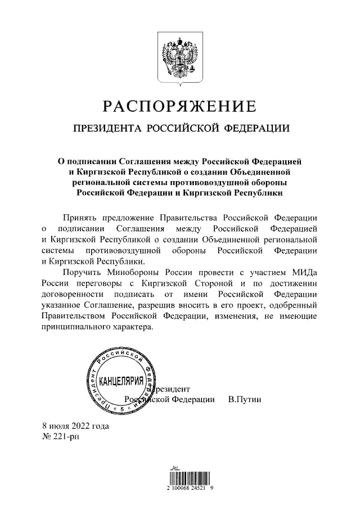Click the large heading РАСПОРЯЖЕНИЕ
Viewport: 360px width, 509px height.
click(179, 106)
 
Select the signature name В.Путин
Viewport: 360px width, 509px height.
click(245, 399)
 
